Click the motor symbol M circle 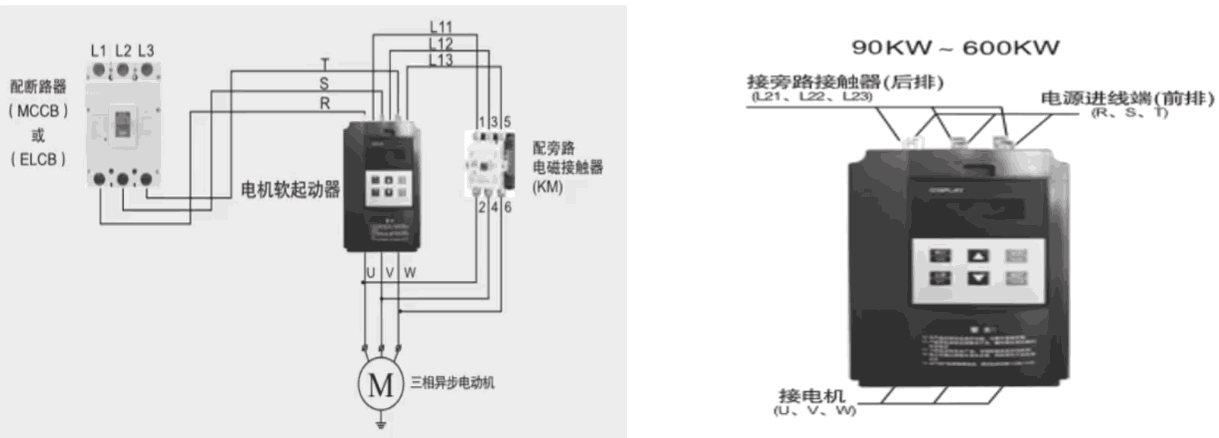click(x=381, y=384)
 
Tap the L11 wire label click(x=441, y=28)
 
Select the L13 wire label click(x=441, y=60)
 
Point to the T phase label click(x=325, y=64)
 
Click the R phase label click(x=325, y=103)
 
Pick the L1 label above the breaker click(x=98, y=51)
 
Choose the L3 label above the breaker click(x=146, y=51)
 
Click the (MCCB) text click(x=38, y=111)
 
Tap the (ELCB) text click(x=38, y=159)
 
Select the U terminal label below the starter click(x=370, y=273)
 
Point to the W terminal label click(x=409, y=273)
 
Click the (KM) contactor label click(x=548, y=187)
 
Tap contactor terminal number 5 click(x=507, y=122)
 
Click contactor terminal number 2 click(x=482, y=207)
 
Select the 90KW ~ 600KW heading click(x=955, y=48)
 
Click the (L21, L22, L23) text click(x=812, y=97)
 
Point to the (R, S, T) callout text click(x=1129, y=113)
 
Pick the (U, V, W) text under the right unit click(x=814, y=410)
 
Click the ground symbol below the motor click(x=381, y=424)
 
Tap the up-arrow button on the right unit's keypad click(x=978, y=256)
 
